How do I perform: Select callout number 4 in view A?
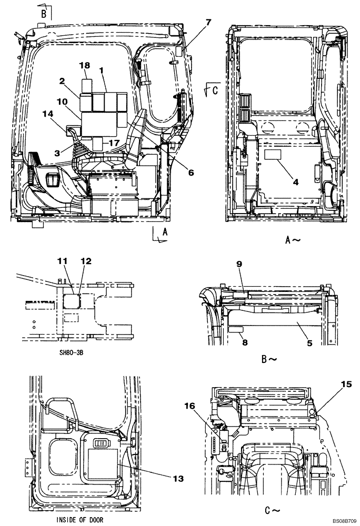click(296, 182)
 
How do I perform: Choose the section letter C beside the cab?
click(215, 90)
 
